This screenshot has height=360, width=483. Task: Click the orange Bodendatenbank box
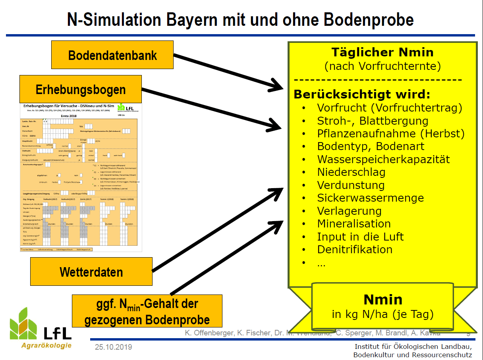[112, 55]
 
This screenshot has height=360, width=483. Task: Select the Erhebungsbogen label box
[81, 89]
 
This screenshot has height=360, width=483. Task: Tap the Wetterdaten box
[91, 272]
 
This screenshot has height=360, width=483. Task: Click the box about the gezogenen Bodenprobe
[147, 312]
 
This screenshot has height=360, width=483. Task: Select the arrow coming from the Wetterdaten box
[218, 230]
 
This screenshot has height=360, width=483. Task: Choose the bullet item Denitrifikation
[355, 249]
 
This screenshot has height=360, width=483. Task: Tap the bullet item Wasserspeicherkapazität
[383, 160]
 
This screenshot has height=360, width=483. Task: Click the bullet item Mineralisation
[354, 223]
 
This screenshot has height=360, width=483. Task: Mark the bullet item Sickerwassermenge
[370, 198]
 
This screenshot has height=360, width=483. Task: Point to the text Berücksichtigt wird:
[362, 95]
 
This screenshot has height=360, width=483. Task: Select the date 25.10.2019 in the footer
[113, 347]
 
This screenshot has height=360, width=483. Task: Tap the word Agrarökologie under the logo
[46, 345]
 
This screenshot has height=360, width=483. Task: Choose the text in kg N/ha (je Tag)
[383, 314]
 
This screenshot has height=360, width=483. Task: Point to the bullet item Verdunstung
[351, 185]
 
